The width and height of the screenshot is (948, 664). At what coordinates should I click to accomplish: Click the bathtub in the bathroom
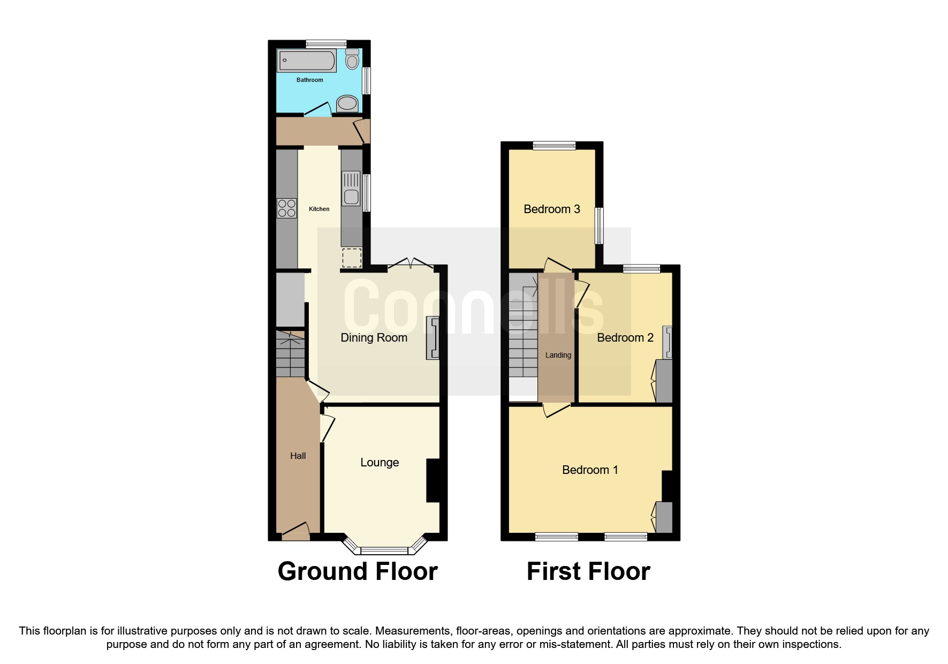306,61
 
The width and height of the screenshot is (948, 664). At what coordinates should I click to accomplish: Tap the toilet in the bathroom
352,59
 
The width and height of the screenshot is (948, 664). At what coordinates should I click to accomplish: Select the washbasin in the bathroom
347,103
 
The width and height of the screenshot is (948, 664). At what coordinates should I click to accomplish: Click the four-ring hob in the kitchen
287,208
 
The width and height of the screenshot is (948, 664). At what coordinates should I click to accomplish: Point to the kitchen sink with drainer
351,188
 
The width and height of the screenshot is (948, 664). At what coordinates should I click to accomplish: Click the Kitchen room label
319,209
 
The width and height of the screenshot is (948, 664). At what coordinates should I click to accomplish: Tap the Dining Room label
374,337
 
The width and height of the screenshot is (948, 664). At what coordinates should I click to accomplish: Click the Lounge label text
380,462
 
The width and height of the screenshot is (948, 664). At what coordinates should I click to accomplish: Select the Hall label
298,456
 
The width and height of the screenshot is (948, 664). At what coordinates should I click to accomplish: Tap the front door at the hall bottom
295,532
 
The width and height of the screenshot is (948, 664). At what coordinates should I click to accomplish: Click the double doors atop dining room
411,263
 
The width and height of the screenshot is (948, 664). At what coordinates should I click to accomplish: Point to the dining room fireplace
433,338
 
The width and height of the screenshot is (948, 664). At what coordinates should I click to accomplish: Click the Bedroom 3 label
551,209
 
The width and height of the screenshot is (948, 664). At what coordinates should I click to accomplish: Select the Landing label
558,355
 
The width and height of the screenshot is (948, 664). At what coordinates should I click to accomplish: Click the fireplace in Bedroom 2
667,342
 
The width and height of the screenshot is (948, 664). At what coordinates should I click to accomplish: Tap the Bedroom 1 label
590,470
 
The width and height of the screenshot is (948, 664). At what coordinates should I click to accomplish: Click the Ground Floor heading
358,571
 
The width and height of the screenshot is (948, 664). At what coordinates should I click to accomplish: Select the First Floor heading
588,571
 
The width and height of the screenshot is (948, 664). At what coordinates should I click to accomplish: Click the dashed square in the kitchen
352,258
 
